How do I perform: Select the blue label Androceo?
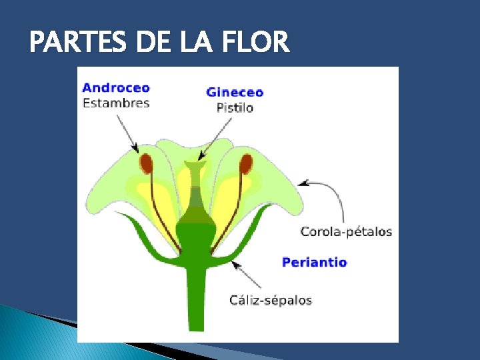pos(115,88)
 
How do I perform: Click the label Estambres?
pos(115,103)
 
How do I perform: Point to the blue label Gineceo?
pos(235,93)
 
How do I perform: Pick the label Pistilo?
pos(235,107)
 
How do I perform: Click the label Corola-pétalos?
pos(346,232)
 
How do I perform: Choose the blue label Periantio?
pos(314,262)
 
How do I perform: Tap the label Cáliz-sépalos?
pos(271,300)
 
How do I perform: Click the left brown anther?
pos(146,163)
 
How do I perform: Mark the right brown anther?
pos(245,163)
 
